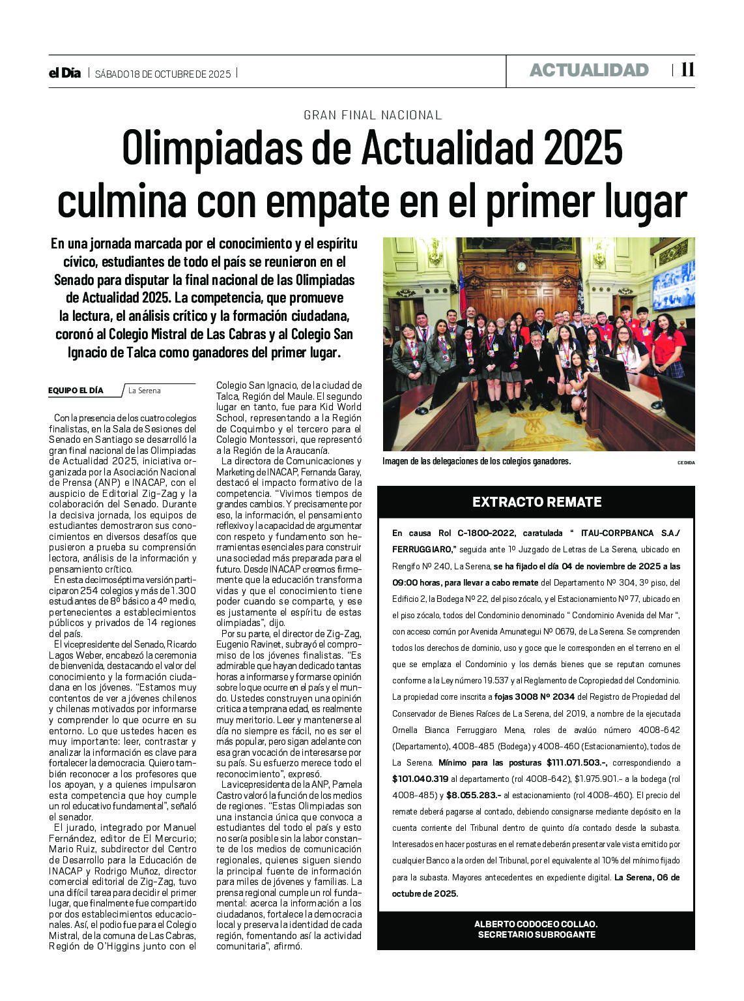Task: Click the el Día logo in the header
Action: click(64, 73)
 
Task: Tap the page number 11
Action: click(687, 70)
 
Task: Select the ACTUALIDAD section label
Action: click(589, 70)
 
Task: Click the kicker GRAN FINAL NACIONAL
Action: click(373, 115)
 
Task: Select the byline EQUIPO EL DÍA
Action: click(76, 391)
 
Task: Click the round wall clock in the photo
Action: click(521, 265)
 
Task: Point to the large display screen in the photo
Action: click(674, 284)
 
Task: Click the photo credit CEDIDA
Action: click(686, 462)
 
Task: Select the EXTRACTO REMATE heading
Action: click(537, 502)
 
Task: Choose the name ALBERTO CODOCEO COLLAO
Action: click(536, 924)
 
